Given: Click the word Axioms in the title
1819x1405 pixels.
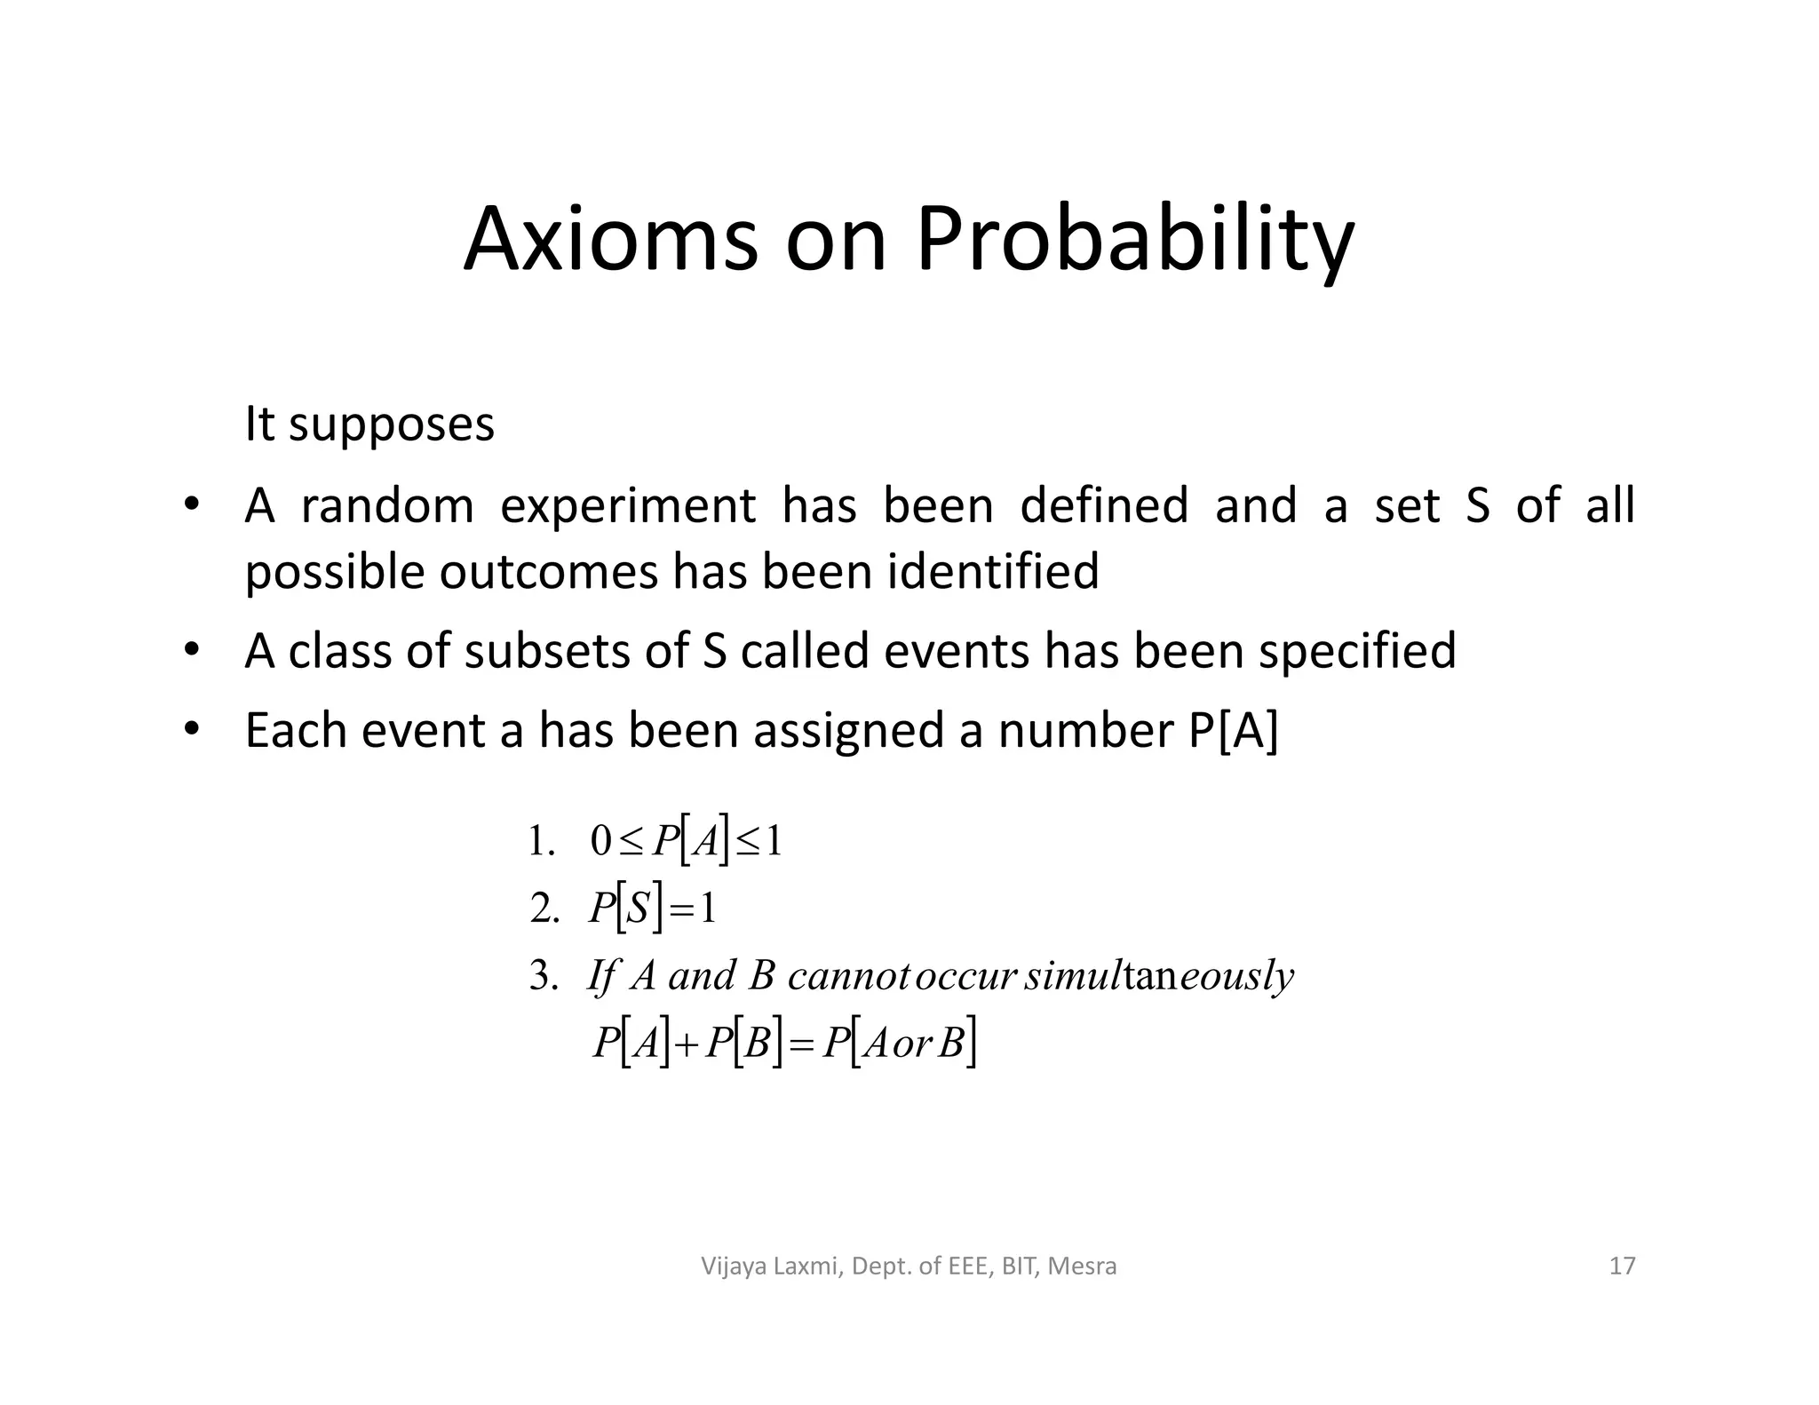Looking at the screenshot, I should click(611, 240).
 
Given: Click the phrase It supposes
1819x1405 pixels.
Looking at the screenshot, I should click(369, 425).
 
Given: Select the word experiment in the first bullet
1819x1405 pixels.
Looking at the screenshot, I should click(628, 507).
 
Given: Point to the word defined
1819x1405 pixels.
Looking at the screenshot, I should click(1103, 505).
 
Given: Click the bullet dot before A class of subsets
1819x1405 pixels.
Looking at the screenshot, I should click(190, 649).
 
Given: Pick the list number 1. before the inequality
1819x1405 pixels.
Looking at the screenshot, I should click(541, 841).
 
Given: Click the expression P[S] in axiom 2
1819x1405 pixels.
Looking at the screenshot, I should click(625, 909).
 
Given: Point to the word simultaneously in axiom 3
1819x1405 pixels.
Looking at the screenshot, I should click(1158, 976).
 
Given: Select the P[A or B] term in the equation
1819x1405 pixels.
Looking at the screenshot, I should click(899, 1044).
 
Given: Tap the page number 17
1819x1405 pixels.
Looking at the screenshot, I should click(1622, 1266).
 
